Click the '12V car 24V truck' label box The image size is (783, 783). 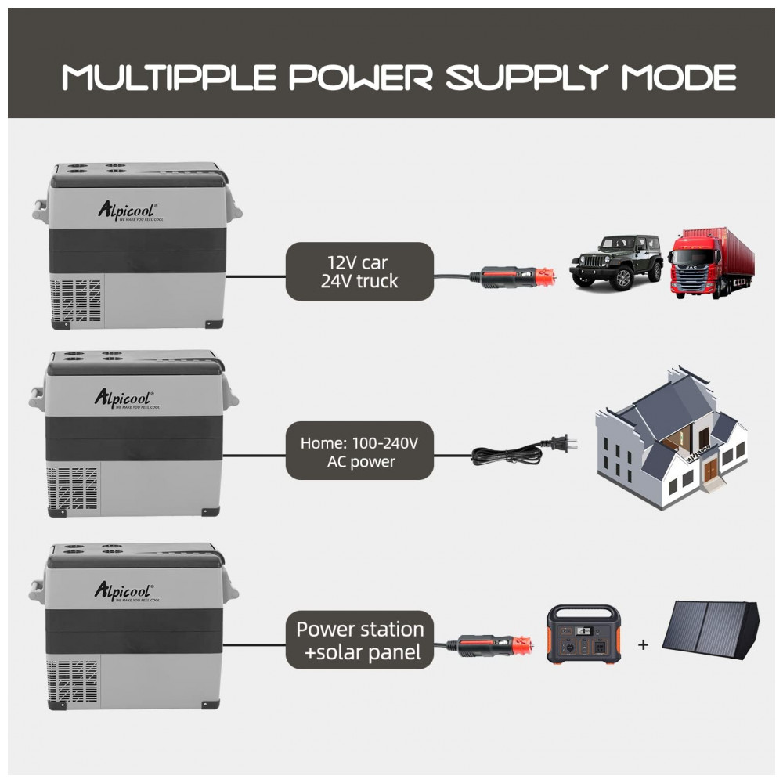point(359,271)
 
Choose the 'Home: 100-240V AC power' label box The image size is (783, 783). point(359,452)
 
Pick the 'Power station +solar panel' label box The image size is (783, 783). point(359,640)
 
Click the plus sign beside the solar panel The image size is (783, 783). point(644,645)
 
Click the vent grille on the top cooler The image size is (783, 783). point(76,301)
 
